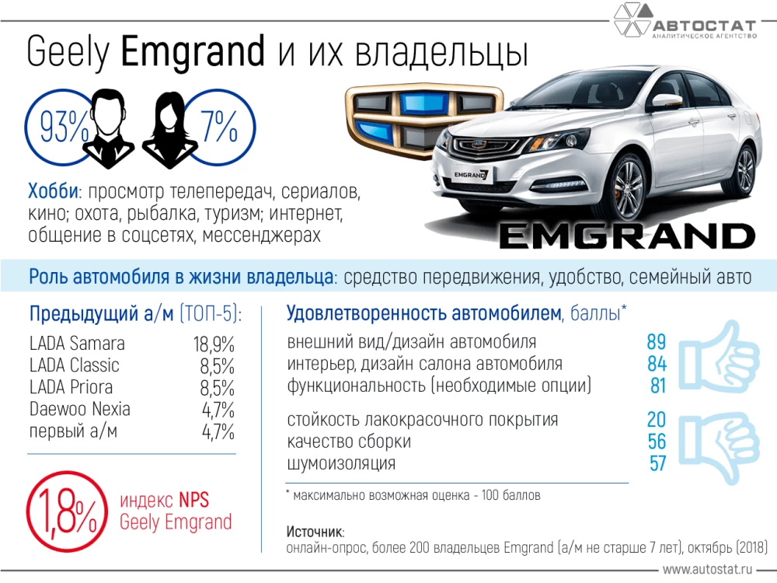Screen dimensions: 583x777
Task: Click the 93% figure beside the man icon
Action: pyautogui.click(x=57, y=127)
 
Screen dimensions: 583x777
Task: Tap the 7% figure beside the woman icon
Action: pyautogui.click(x=218, y=127)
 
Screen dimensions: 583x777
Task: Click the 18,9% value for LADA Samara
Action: pyautogui.click(x=214, y=344)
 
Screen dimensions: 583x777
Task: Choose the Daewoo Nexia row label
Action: pyautogui.click(x=80, y=409)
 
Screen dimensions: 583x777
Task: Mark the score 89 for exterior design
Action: pyautogui.click(x=656, y=342)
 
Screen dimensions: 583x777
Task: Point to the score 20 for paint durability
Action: pyautogui.click(x=656, y=420)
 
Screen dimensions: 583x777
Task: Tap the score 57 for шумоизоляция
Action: pyautogui.click(x=657, y=464)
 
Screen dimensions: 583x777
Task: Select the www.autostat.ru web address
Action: pyautogui.click(x=716, y=570)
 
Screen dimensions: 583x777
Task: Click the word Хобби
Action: pyautogui.click(x=54, y=191)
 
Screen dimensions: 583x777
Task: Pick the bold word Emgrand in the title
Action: pyautogui.click(x=193, y=52)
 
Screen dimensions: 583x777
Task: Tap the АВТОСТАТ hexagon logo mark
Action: pyautogui.click(x=631, y=21)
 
